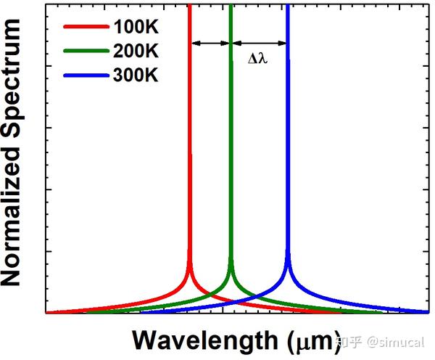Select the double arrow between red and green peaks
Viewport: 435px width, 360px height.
tap(210, 44)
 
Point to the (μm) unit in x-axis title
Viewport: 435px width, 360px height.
tap(310, 340)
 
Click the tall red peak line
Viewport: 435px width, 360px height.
tap(189, 145)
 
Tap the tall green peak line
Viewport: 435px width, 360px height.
tap(231, 145)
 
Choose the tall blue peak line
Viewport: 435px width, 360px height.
tap(288, 145)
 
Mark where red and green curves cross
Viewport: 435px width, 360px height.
tap(210, 295)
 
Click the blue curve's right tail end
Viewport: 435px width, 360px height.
tap(426, 311)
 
